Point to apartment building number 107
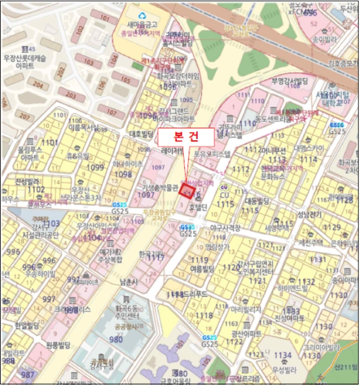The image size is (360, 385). tap(112, 113)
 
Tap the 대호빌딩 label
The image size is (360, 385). tap(140, 133)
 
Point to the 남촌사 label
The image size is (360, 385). tap(128, 282)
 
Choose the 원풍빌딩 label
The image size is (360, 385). tap(58, 345)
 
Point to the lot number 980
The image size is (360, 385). tap(116, 339)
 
